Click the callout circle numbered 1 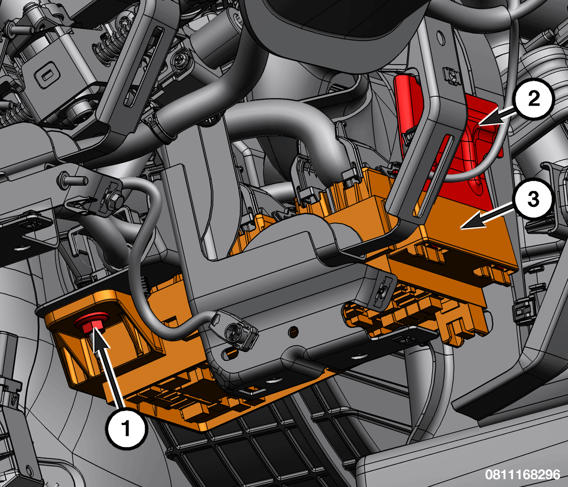126,428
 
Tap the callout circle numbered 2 534,98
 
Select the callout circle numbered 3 533,199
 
